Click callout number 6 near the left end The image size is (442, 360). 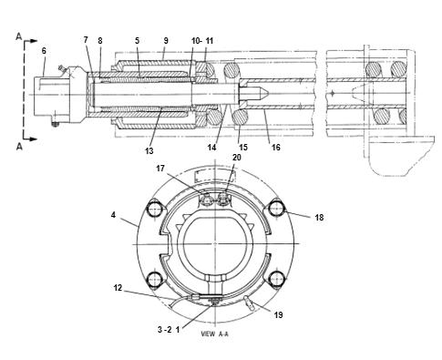click(44, 51)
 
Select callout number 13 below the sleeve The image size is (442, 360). click(149, 150)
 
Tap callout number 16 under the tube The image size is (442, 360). click(275, 148)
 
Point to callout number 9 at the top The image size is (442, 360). click(166, 40)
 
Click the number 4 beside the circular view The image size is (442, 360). click(113, 215)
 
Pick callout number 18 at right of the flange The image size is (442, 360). click(319, 218)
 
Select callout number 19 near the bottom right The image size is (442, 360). click(278, 315)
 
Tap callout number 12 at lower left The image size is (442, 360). click(118, 287)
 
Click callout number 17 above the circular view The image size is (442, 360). click(160, 169)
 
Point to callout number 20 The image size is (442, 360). click(237, 158)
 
